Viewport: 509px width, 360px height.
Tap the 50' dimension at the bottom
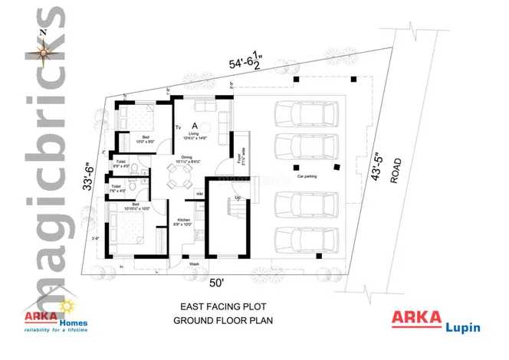(217, 283)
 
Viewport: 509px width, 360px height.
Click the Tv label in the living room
(178, 127)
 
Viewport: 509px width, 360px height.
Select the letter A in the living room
(195, 125)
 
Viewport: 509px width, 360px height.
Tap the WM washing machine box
(199, 194)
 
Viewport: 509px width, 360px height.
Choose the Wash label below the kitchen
(195, 264)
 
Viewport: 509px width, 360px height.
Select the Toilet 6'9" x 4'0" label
(121, 164)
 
